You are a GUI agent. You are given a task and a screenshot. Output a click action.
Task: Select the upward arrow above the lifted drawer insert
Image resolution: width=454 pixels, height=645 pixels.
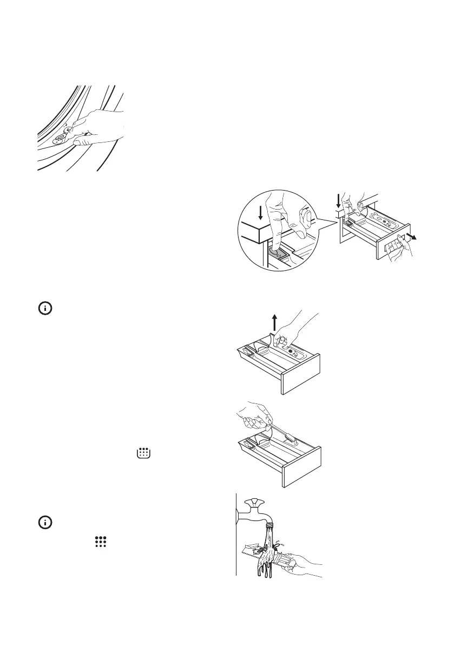(275, 322)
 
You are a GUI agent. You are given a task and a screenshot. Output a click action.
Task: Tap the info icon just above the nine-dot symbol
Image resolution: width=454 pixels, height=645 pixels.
(44, 523)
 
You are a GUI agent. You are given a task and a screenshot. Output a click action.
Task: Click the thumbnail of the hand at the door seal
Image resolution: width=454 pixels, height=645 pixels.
(80, 128)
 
